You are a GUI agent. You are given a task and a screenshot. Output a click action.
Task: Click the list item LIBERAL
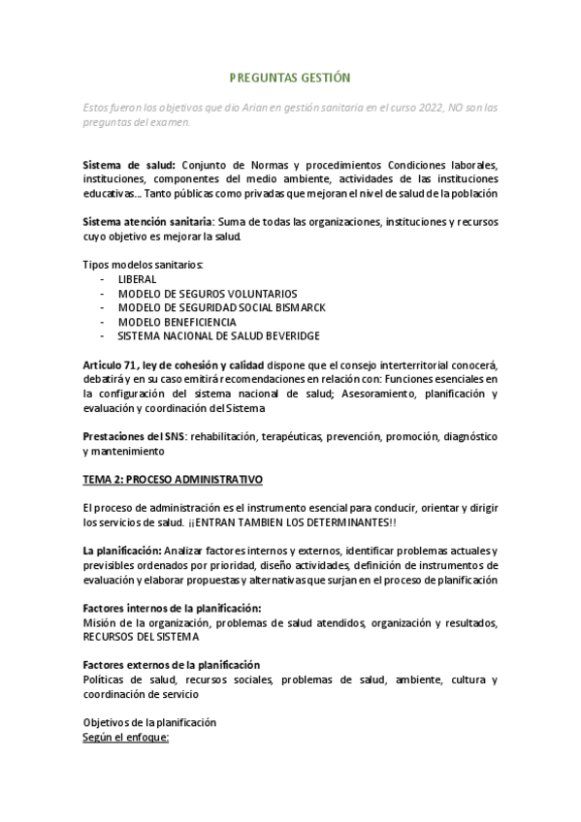click(137, 278)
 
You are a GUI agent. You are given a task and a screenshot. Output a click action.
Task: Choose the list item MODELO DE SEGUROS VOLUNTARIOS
click(207, 293)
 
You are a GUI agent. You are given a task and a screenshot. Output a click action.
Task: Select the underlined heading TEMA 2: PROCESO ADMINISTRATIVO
click(173, 480)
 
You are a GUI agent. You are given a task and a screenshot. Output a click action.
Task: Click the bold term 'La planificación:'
click(122, 551)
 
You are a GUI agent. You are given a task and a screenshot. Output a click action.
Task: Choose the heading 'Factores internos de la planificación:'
click(173, 608)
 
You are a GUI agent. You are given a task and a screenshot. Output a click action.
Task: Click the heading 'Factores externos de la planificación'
click(172, 665)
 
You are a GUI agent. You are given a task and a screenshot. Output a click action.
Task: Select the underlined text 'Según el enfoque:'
click(126, 737)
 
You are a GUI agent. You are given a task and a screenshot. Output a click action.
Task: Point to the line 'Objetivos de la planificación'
click(149, 722)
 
